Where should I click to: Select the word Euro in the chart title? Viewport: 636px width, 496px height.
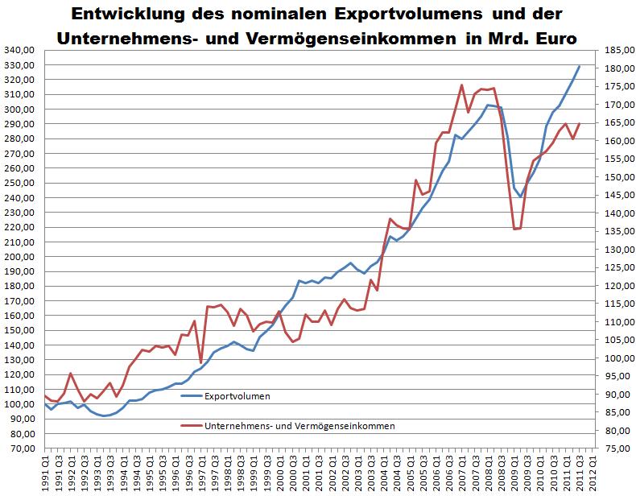(556, 38)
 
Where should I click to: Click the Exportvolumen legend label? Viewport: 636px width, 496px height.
(237, 396)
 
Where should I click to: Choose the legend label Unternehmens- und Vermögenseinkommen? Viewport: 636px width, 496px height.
(299, 426)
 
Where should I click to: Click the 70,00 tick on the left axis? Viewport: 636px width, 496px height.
(23, 448)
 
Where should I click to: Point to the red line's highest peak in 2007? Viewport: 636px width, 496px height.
(461, 85)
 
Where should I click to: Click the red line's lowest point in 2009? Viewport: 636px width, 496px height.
(514, 229)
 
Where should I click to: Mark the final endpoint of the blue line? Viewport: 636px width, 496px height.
(580, 66)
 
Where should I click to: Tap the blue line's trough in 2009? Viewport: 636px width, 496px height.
(521, 196)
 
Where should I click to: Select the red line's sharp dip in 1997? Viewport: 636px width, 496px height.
(200, 362)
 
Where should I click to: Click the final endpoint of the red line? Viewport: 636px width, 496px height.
(580, 123)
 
